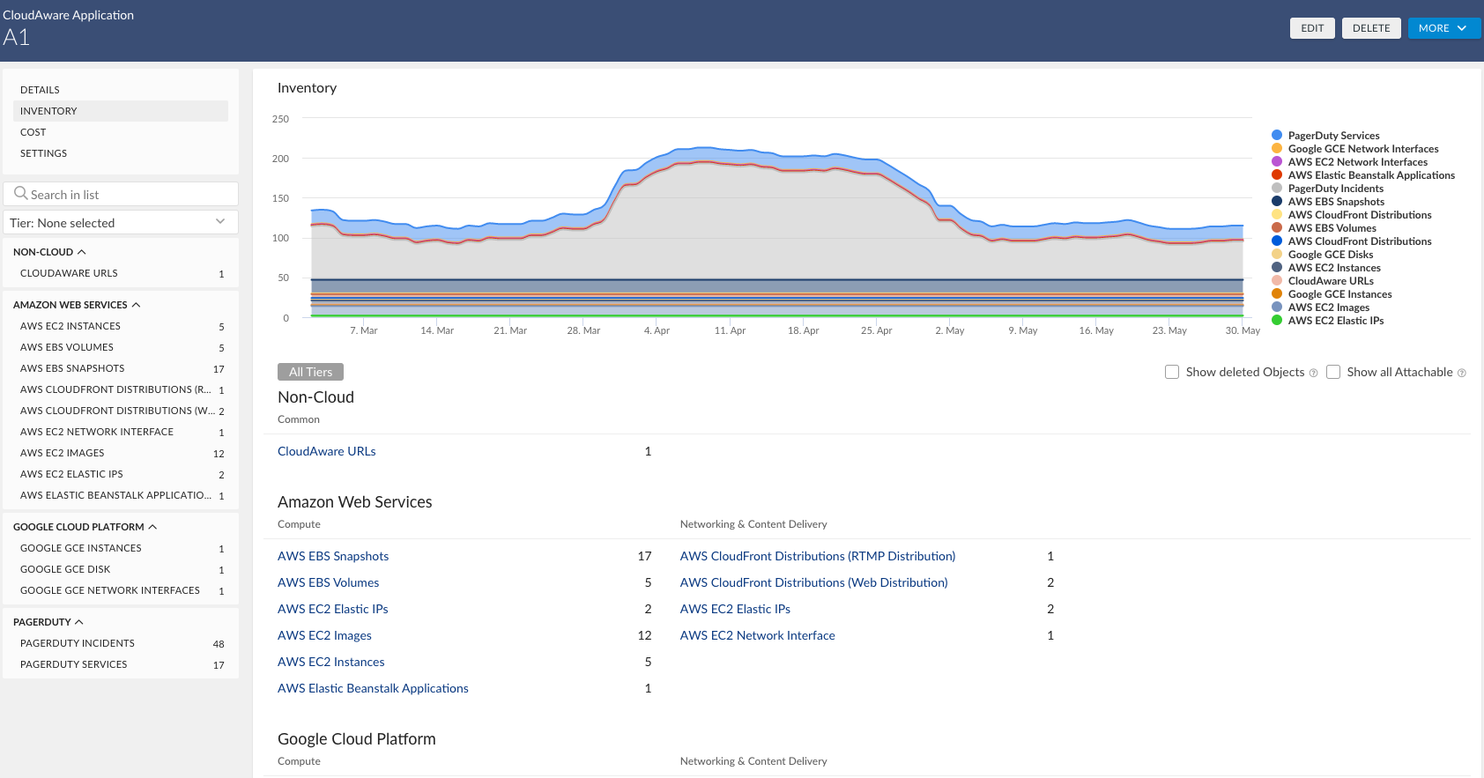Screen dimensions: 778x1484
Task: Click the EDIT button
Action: click(x=1312, y=28)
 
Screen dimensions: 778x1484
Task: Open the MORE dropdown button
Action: click(x=1443, y=28)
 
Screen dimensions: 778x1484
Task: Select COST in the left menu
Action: click(x=33, y=132)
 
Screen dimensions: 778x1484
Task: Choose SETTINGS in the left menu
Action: click(x=44, y=153)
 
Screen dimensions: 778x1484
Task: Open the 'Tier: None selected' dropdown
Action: click(x=120, y=223)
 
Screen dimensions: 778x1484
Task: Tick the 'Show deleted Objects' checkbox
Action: click(x=1172, y=372)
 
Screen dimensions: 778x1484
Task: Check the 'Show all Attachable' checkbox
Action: click(x=1333, y=372)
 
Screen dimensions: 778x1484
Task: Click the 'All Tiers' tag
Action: click(x=310, y=372)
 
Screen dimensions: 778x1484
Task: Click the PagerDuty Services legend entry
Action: click(x=1333, y=136)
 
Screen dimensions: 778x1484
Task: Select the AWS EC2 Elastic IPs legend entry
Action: click(x=1335, y=321)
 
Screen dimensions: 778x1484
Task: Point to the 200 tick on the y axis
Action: click(x=280, y=159)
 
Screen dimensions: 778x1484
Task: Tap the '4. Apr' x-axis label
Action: click(x=657, y=330)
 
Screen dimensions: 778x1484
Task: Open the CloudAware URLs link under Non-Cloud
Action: click(x=327, y=451)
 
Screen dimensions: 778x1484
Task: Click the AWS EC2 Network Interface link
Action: click(x=757, y=635)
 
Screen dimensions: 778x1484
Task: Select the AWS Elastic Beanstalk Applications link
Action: click(x=373, y=688)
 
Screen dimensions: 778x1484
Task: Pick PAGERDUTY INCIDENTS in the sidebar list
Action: click(x=78, y=643)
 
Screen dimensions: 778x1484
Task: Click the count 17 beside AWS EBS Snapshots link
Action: click(x=644, y=556)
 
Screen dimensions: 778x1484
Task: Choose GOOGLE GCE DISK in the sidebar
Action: click(x=65, y=569)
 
